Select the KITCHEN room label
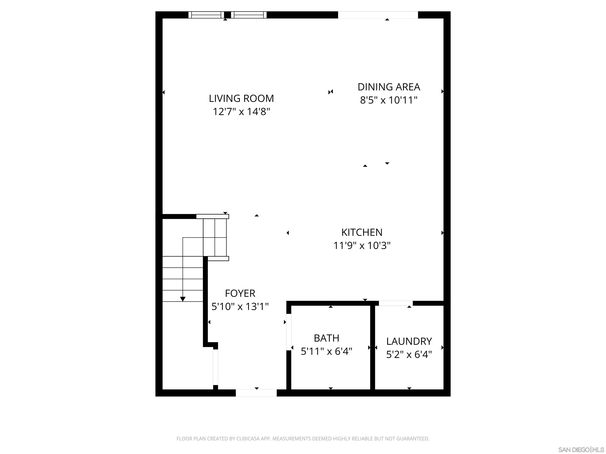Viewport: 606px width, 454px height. pyautogui.click(x=362, y=232)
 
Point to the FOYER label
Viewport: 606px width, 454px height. pyautogui.click(x=240, y=293)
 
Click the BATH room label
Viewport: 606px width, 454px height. pyautogui.click(x=326, y=338)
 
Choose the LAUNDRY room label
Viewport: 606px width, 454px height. pyautogui.click(x=409, y=341)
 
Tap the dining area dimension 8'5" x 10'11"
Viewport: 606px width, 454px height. pyautogui.click(x=388, y=100)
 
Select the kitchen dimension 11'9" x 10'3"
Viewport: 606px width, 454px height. pyautogui.click(x=362, y=246)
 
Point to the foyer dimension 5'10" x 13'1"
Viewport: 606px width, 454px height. pyautogui.click(x=240, y=306)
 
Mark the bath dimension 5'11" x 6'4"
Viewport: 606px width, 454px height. pyautogui.click(x=326, y=351)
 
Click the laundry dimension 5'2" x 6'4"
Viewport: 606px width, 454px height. pyautogui.click(x=409, y=355)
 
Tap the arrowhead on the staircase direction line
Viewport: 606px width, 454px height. pyautogui.click(x=183, y=299)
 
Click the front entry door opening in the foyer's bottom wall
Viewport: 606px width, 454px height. pyautogui.click(x=256, y=393)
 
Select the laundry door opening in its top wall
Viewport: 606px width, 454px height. pyautogui.click(x=396, y=303)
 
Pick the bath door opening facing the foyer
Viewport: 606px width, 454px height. pyautogui.click(x=288, y=332)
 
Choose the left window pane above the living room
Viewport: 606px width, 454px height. pyautogui.click(x=206, y=15)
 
